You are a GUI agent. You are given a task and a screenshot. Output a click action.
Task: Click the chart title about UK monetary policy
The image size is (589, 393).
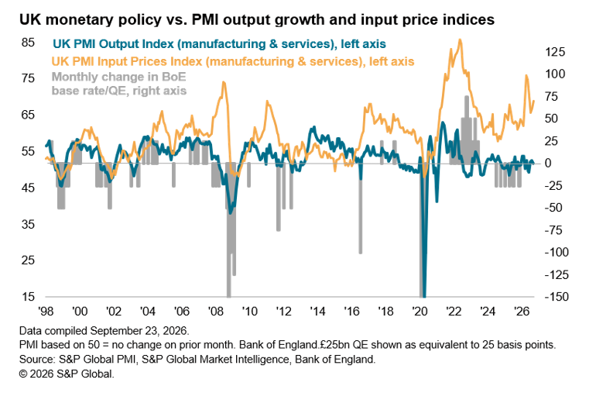(257, 19)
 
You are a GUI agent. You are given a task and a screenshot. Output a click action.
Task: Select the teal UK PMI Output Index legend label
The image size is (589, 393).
(219, 44)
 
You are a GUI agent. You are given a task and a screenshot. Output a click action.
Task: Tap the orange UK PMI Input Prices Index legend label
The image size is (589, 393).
(233, 61)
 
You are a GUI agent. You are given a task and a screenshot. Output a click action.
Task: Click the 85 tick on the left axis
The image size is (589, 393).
(28, 42)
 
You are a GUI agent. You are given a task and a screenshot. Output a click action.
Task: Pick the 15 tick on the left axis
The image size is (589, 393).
(28, 297)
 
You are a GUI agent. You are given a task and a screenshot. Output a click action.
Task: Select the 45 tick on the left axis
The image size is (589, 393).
(28, 188)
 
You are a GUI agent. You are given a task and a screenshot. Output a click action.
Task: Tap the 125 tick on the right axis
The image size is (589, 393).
(555, 51)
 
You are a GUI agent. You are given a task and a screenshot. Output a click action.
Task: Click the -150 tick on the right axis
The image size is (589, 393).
(556, 297)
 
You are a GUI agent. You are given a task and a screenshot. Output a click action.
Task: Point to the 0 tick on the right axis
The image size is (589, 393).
(549, 164)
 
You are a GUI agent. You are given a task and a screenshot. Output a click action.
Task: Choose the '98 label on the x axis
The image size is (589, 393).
(46, 312)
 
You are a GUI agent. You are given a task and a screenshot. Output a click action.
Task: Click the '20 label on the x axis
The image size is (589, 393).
(419, 312)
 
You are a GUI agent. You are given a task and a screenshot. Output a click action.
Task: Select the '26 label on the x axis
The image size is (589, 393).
(522, 312)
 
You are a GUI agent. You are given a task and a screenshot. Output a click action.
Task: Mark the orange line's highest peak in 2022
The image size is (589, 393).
(460, 40)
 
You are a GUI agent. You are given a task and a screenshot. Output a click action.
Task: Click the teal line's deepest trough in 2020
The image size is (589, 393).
(424, 295)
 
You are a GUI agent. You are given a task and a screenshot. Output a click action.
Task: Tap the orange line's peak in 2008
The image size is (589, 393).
(224, 82)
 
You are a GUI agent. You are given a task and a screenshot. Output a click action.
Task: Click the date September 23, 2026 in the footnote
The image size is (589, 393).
(139, 331)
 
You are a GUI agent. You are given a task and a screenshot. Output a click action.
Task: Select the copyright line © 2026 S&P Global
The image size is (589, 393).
(67, 374)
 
